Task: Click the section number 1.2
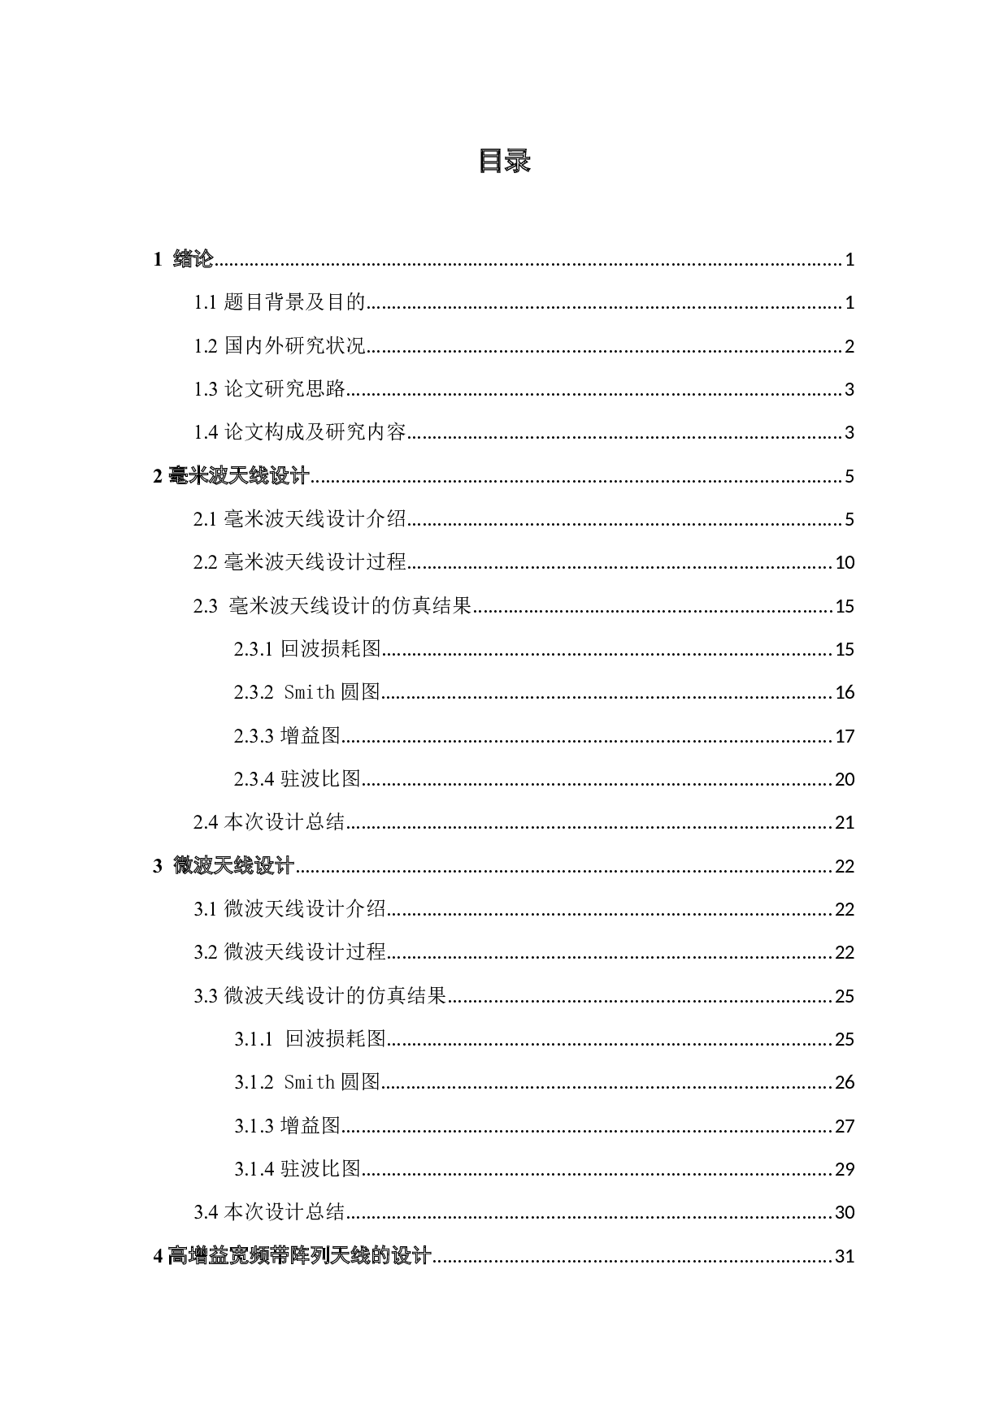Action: (206, 345)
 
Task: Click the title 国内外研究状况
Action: (295, 345)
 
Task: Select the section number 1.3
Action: (206, 388)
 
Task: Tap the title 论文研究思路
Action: (285, 388)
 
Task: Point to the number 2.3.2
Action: (254, 692)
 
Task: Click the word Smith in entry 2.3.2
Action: (309, 692)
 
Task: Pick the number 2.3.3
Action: (254, 735)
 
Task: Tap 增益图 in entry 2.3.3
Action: (310, 735)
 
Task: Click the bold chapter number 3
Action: (158, 865)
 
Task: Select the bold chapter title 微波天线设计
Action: (234, 865)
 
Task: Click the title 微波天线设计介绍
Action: (305, 908)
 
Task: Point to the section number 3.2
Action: (206, 951)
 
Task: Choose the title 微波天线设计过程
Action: (305, 951)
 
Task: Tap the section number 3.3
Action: (206, 995)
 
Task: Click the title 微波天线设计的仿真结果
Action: (335, 995)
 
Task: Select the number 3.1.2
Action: (254, 1082)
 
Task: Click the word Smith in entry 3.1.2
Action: (309, 1082)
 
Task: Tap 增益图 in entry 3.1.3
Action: (310, 1125)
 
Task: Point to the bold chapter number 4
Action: (158, 1256)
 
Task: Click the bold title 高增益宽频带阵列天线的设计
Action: (300, 1256)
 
